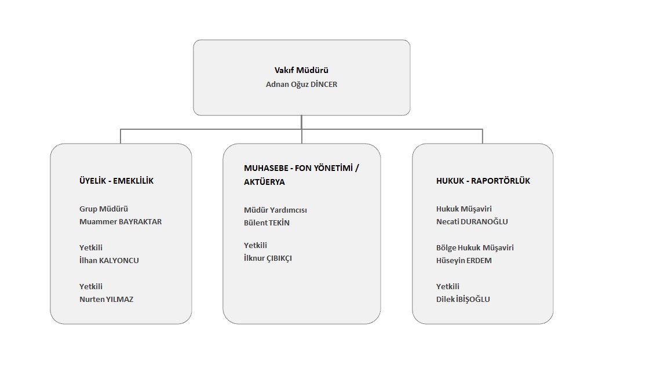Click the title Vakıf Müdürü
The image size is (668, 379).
[301, 70]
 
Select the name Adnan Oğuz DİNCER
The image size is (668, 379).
[301, 85]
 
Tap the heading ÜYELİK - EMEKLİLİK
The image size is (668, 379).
[116, 181]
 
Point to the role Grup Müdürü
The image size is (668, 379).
[104, 209]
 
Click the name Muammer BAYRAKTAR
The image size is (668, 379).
[121, 222]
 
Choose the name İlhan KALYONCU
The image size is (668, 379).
[109, 260]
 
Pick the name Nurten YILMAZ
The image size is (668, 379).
[106, 299]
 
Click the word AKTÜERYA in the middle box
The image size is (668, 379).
[264, 182]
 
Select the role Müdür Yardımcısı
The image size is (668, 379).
[275, 210]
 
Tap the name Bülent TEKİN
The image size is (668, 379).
[267, 223]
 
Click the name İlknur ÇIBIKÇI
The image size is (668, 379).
[268, 258]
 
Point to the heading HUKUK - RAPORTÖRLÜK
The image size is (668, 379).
[483, 181]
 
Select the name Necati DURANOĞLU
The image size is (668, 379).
[472, 222]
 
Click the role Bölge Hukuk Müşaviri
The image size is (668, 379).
[475, 247]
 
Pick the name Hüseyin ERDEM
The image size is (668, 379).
[464, 260]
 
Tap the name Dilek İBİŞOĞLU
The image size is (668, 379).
[463, 299]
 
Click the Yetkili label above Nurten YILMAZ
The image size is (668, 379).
[91, 286]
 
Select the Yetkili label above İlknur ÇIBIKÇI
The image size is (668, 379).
[255, 246]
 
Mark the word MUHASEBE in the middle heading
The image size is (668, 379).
[266, 169]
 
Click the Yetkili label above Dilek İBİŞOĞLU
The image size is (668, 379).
[448, 286]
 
